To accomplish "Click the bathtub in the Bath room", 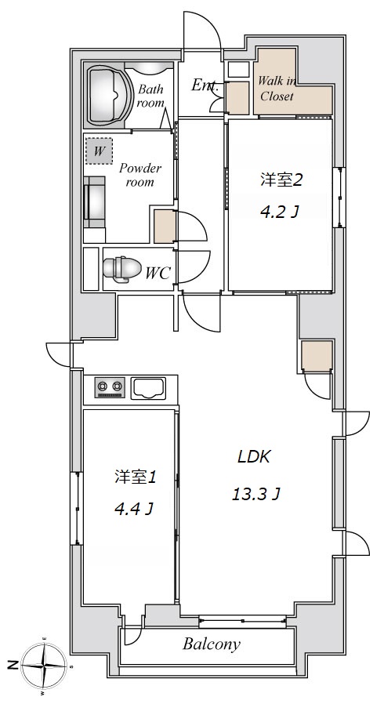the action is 107,95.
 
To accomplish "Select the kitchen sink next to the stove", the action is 148,388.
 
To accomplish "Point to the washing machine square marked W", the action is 99,151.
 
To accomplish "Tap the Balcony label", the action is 212,644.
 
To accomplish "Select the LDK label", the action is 253,457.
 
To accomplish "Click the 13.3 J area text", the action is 256,495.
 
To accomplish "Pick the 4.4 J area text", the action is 134,509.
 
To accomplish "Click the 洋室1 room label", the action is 135,477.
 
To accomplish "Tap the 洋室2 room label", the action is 281,180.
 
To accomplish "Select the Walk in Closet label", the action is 277,89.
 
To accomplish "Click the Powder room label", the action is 139,175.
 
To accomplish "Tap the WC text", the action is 157,273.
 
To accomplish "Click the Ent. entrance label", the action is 205,85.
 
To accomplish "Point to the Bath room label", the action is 150,96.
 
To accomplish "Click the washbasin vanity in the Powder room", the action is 95,201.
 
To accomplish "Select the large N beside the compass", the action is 13,665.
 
